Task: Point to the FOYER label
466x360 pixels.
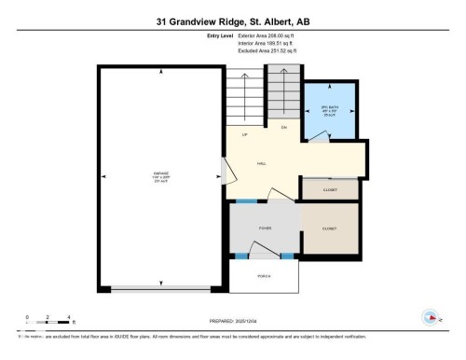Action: tap(265, 228)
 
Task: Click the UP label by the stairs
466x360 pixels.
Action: tap(244, 135)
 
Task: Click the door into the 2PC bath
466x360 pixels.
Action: tap(319, 136)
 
